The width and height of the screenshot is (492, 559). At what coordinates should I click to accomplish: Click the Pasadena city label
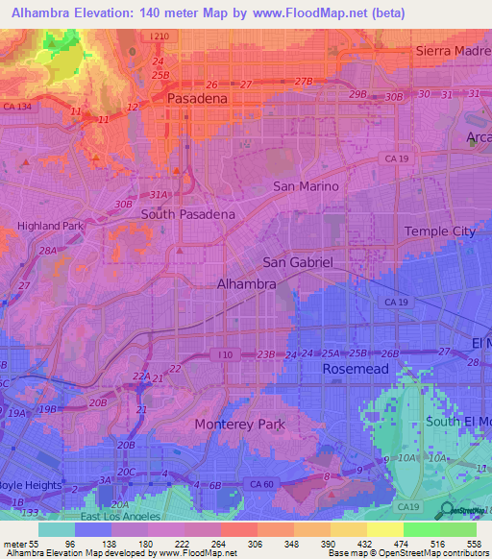tap(197, 98)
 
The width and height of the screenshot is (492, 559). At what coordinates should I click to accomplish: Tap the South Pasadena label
tap(188, 214)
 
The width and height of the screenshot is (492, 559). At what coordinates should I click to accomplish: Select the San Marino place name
tap(306, 186)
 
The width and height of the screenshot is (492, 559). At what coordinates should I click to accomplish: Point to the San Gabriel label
tap(298, 262)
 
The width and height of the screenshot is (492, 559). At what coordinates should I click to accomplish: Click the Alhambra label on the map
tap(247, 284)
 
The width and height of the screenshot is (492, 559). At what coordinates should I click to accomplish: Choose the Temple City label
tap(439, 231)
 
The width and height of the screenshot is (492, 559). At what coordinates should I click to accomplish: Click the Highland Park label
tap(51, 227)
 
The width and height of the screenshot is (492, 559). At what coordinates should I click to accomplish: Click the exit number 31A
tap(159, 194)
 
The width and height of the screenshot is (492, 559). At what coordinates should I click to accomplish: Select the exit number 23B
tap(265, 354)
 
